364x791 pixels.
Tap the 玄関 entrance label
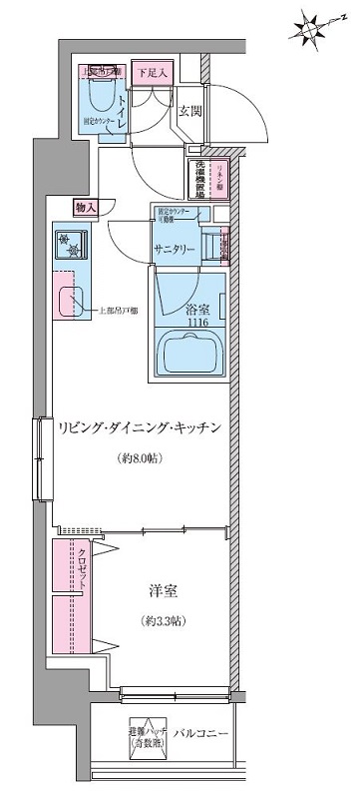coord(191,112)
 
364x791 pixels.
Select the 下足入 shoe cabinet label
coord(154,73)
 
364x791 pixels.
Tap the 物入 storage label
coord(86,207)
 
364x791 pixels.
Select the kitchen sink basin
coord(72,304)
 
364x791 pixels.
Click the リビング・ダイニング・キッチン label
coord(146,427)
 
